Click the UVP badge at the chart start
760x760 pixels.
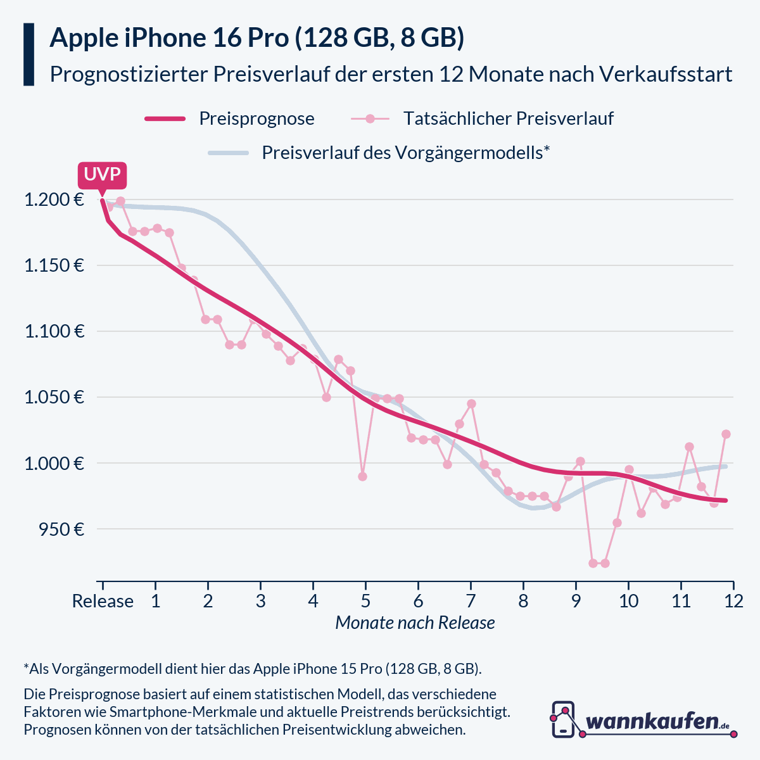[102, 174]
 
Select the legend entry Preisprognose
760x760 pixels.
[256, 118]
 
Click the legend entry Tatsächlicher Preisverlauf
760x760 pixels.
[508, 118]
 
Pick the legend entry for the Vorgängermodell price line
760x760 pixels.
[405, 153]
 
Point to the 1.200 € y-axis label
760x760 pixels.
[54, 200]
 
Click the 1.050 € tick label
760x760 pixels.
[54, 397]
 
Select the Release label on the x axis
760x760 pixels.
[103, 600]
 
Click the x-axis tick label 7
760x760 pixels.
[471, 600]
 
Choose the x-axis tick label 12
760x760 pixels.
[733, 600]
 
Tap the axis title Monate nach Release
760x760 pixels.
[415, 623]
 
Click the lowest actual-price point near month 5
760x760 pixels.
[362, 476]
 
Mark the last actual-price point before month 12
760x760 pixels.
[726, 434]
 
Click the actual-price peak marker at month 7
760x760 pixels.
[471, 403]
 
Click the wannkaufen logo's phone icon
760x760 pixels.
[564, 719]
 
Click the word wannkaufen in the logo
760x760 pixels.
[652, 721]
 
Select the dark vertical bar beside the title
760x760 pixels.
[28, 54]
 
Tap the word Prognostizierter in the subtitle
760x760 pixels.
[128, 74]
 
